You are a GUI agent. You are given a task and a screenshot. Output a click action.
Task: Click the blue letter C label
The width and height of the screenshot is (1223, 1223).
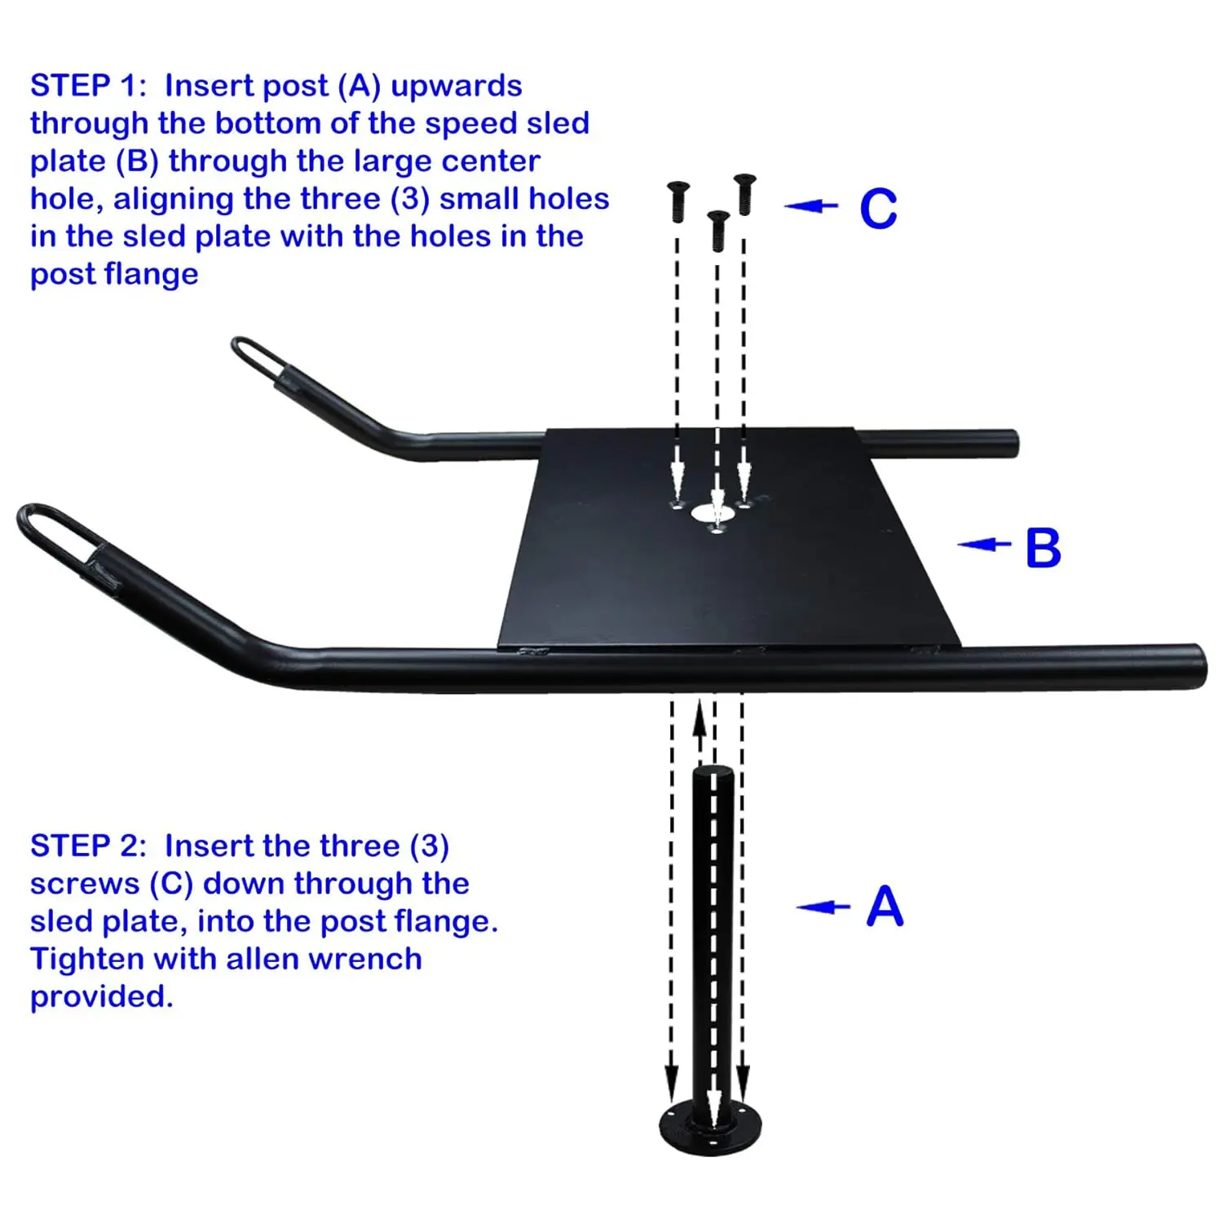[878, 209]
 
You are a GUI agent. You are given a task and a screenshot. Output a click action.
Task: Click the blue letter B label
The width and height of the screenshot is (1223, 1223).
[1043, 548]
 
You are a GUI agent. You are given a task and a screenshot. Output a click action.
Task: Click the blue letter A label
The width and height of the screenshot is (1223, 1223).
[885, 907]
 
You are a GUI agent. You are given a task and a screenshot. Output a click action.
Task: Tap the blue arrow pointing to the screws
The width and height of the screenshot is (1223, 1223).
[811, 206]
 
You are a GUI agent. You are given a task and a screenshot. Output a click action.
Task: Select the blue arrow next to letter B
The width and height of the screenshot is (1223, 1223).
[984, 544]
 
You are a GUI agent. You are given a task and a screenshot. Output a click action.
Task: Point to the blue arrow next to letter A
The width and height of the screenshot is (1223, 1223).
[823, 907]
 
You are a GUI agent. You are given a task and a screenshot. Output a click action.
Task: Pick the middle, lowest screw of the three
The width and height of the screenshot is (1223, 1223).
[717, 230]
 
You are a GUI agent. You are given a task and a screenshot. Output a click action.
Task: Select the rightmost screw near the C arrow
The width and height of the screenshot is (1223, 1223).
[744, 194]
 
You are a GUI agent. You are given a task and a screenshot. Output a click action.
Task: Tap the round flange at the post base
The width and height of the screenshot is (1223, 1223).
[711, 1128]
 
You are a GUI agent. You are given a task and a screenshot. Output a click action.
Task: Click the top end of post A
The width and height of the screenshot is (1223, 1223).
[713, 773]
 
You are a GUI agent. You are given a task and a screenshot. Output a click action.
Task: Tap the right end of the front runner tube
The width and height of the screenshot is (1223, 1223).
[1195, 666]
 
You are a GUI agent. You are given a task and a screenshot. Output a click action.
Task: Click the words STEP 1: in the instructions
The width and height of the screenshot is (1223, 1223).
[88, 86]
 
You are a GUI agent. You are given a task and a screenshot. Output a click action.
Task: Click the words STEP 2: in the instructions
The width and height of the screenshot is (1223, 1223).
[88, 846]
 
